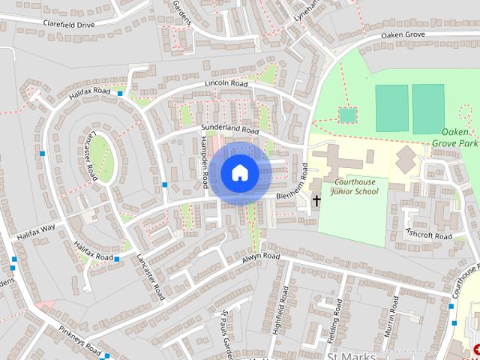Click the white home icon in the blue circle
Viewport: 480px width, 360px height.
pos(239,173)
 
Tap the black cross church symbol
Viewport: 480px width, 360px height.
pos(316,200)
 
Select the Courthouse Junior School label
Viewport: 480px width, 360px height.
pos(346,187)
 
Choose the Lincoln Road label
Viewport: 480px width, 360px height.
pos(226,83)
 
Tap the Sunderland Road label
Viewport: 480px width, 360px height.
pos(229,130)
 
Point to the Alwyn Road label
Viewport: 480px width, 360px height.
pos(261,257)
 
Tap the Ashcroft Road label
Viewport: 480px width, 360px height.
pos(428,234)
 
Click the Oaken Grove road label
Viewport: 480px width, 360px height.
pos(403,34)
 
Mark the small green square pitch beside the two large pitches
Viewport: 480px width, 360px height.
pos(346,115)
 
